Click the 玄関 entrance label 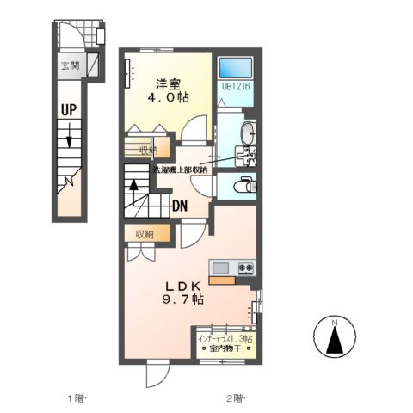pyautogui.click(x=69, y=65)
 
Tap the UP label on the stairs pyautogui.click(x=70, y=109)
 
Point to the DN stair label pyautogui.click(x=180, y=206)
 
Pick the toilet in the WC pyautogui.click(x=243, y=183)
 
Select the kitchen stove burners pyautogui.click(x=246, y=268)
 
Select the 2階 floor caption pyautogui.click(x=236, y=398)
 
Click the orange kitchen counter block pyautogui.click(x=221, y=280)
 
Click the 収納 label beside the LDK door pyautogui.click(x=143, y=232)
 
